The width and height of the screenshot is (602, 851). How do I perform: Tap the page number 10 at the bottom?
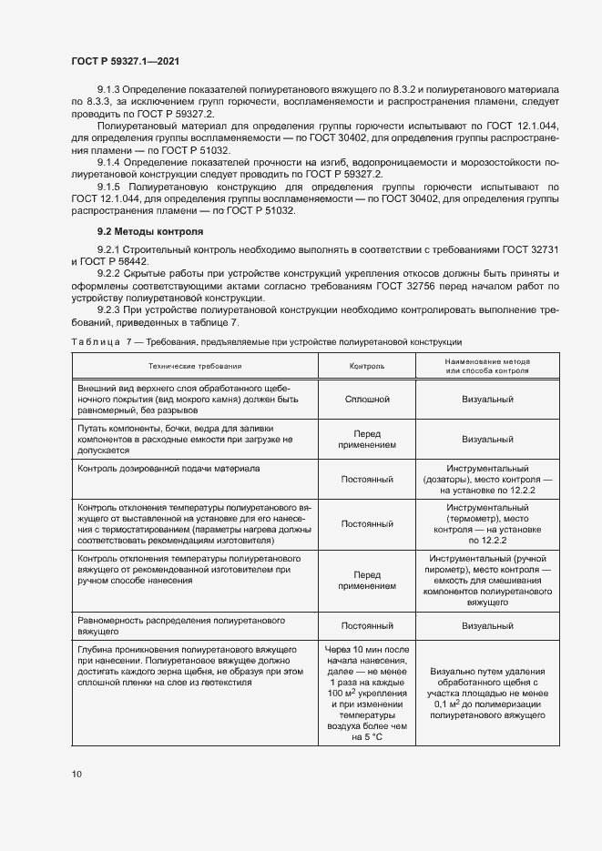pos(77,774)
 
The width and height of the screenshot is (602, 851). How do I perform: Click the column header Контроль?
pos(367,366)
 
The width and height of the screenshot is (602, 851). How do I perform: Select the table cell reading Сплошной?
pos(367,399)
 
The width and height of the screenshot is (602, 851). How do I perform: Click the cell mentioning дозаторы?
pos(487,479)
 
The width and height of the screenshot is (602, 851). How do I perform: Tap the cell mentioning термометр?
pos(487,523)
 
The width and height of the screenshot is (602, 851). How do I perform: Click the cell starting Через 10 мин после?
pos(367,692)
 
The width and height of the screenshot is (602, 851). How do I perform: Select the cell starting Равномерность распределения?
pos(195,624)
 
